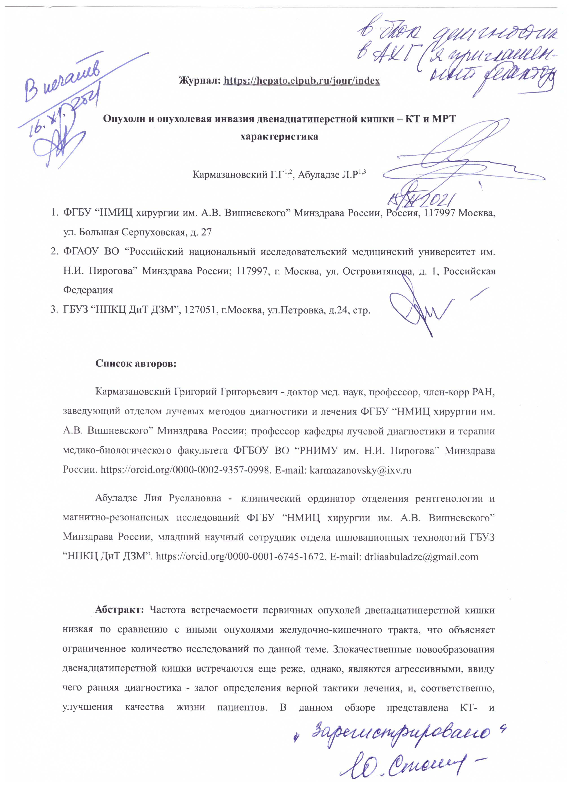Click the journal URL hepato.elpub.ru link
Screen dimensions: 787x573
tap(301, 81)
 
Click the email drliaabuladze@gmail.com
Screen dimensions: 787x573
tap(421, 557)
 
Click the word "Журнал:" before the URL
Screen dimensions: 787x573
tap(200, 81)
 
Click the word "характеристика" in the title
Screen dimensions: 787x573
tap(279, 136)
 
